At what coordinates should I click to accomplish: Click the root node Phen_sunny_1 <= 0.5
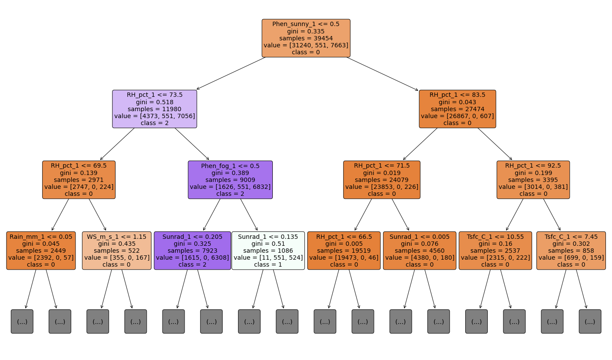pyautogui.click(x=306, y=38)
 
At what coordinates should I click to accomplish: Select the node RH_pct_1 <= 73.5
pyautogui.click(x=155, y=109)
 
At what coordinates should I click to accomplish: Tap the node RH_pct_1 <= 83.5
pyautogui.click(x=457, y=109)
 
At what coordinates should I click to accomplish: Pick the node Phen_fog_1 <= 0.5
pyautogui.click(x=230, y=180)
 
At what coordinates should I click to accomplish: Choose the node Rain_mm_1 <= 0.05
pyautogui.click(x=41, y=251)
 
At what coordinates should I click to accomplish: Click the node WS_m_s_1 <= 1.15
pyautogui.click(x=117, y=251)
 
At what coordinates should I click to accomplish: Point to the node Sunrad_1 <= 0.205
pyautogui.click(x=192, y=251)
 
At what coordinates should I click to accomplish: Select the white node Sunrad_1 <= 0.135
pyautogui.click(x=268, y=251)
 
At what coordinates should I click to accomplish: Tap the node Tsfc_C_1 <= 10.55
pyautogui.click(x=495, y=251)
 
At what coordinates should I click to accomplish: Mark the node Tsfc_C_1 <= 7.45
pyautogui.click(x=571, y=251)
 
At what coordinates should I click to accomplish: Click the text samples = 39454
pyautogui.click(x=306, y=38)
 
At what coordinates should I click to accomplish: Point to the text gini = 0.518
pyautogui.click(x=155, y=102)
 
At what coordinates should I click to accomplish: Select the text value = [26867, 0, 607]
pyautogui.click(x=457, y=116)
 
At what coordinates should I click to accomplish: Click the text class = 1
pyautogui.click(x=268, y=264)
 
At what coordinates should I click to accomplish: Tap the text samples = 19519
pyautogui.click(x=344, y=251)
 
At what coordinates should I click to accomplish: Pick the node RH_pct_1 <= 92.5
pyautogui.click(x=533, y=180)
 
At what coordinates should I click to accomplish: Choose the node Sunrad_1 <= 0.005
pyautogui.click(x=420, y=251)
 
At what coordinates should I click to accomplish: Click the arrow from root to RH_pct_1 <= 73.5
pyautogui.click(x=230, y=73)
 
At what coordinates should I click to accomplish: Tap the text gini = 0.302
pyautogui.click(x=571, y=244)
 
